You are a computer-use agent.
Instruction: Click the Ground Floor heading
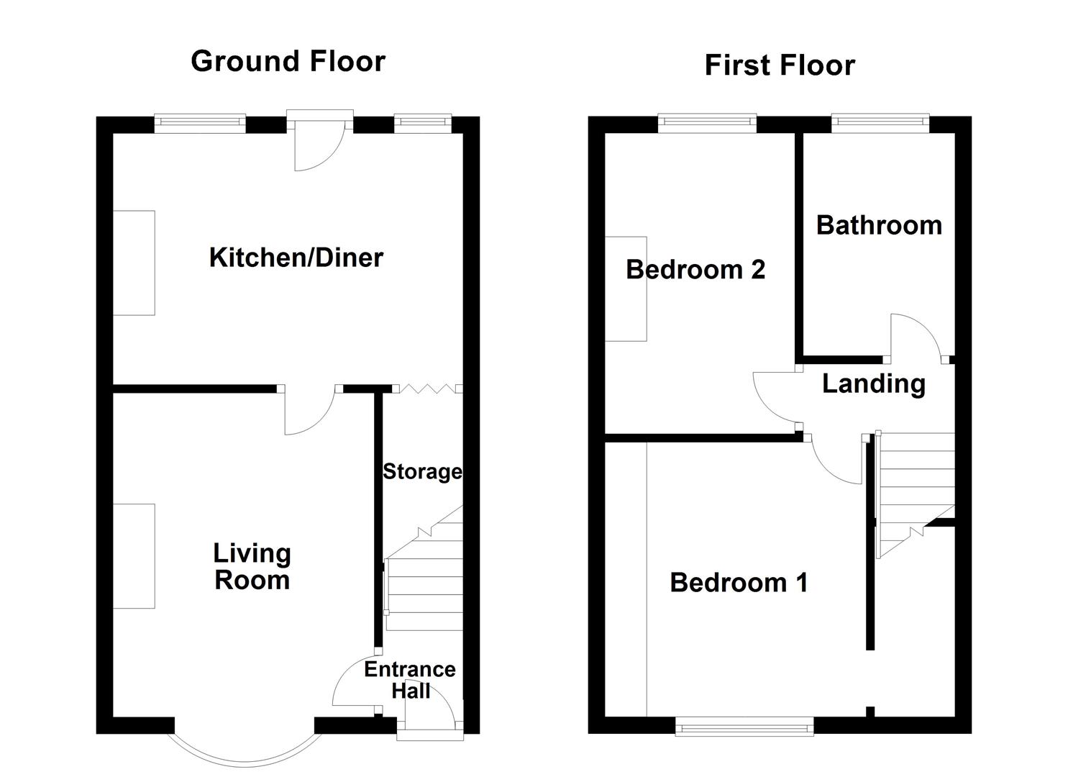click(x=288, y=61)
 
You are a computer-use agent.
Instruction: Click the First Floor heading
click(x=780, y=65)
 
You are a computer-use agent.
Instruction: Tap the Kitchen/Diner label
click(x=296, y=258)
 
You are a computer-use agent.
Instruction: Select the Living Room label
click(x=252, y=567)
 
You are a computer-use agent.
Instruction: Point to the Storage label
click(x=422, y=472)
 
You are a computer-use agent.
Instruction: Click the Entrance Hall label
click(x=410, y=680)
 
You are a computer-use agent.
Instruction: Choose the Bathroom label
click(x=879, y=225)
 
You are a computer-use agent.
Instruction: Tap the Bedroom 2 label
click(x=695, y=270)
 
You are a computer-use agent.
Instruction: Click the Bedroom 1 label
click(x=739, y=583)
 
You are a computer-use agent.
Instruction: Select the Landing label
click(x=874, y=384)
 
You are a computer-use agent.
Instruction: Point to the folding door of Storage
click(x=427, y=388)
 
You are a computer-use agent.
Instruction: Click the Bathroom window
click(x=880, y=123)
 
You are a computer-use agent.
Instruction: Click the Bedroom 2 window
click(x=707, y=123)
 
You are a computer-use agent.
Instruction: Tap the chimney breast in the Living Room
click(x=134, y=556)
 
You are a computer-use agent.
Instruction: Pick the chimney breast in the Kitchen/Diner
click(x=134, y=263)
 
